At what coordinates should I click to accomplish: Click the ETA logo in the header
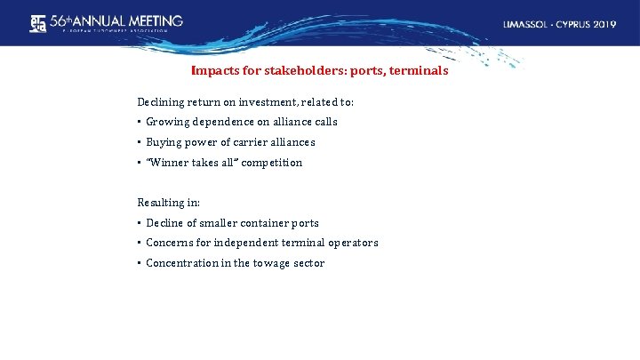[36, 22]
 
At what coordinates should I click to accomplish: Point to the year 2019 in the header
[603, 24]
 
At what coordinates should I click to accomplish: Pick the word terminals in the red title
[418, 70]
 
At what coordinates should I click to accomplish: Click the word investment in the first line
[258, 102]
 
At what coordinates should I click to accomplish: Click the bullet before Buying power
[140, 142]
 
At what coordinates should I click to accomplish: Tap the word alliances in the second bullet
[288, 142]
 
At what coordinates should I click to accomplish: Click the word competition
[270, 163]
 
